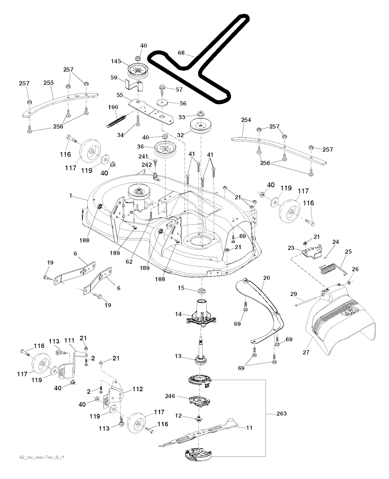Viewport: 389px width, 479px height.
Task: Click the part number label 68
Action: click(x=181, y=53)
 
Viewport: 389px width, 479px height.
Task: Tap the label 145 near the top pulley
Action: click(x=116, y=61)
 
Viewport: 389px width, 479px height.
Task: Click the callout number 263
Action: click(x=281, y=413)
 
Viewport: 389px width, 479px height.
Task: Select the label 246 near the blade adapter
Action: click(x=170, y=396)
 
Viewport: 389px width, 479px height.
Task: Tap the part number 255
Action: click(x=49, y=82)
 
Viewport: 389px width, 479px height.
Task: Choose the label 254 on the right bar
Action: click(x=246, y=120)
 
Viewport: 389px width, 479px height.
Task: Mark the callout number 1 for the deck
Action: click(x=71, y=195)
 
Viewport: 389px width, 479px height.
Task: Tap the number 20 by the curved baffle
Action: click(x=266, y=278)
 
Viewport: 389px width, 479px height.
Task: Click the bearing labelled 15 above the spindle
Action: click(x=201, y=292)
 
